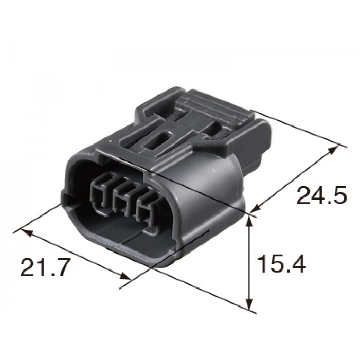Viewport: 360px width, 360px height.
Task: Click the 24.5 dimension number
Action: pos(321,195)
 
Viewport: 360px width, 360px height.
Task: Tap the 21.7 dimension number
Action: pos(45,267)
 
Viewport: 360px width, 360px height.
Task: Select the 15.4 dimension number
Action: pos(282,264)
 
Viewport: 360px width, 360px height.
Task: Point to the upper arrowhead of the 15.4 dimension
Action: pos(248,222)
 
